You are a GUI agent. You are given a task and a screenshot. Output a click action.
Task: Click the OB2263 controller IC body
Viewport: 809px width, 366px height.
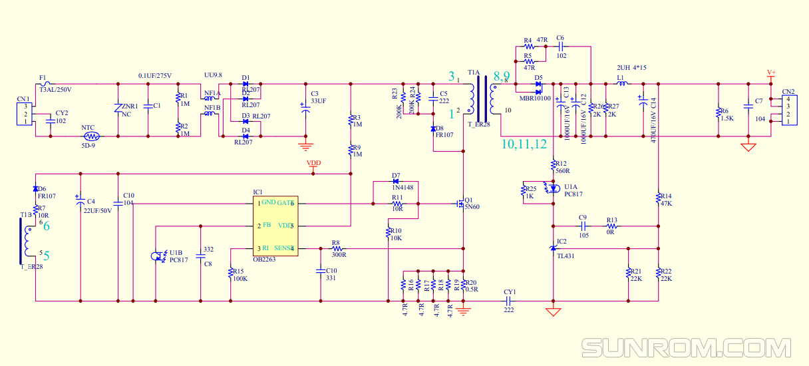tap(275, 226)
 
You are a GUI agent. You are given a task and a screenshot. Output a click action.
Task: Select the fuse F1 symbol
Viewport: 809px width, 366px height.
tap(45, 84)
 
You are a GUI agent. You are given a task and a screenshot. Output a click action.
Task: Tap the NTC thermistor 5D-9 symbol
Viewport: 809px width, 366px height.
tap(88, 136)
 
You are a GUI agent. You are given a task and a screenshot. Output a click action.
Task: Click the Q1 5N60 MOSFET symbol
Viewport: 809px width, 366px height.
tap(460, 204)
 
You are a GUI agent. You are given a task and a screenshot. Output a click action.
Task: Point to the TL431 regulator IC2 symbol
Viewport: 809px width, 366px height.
tap(553, 248)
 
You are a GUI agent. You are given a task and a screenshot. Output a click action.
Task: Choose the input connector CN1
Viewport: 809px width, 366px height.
tap(25, 114)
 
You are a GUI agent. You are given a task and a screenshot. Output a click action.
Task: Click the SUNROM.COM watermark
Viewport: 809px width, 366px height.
tap(686, 348)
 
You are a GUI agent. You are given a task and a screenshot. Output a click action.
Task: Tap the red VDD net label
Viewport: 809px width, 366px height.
tap(313, 164)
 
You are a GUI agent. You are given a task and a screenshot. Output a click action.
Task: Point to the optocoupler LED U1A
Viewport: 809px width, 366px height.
tap(552, 189)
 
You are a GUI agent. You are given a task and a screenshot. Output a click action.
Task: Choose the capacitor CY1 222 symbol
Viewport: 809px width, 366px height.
tap(509, 301)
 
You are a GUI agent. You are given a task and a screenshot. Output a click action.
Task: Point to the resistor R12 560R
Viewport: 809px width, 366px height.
tap(553, 164)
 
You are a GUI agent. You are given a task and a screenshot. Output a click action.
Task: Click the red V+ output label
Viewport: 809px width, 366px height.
tap(771, 73)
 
